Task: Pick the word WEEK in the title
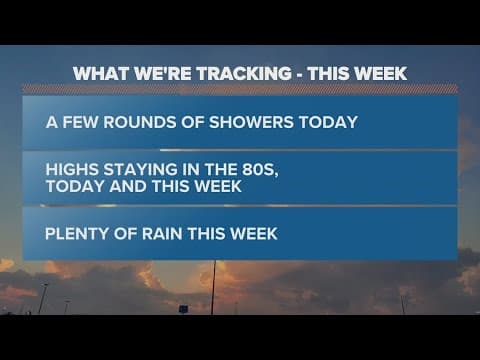click(x=379, y=73)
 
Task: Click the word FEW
click(x=80, y=123)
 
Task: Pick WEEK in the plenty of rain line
click(x=250, y=234)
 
